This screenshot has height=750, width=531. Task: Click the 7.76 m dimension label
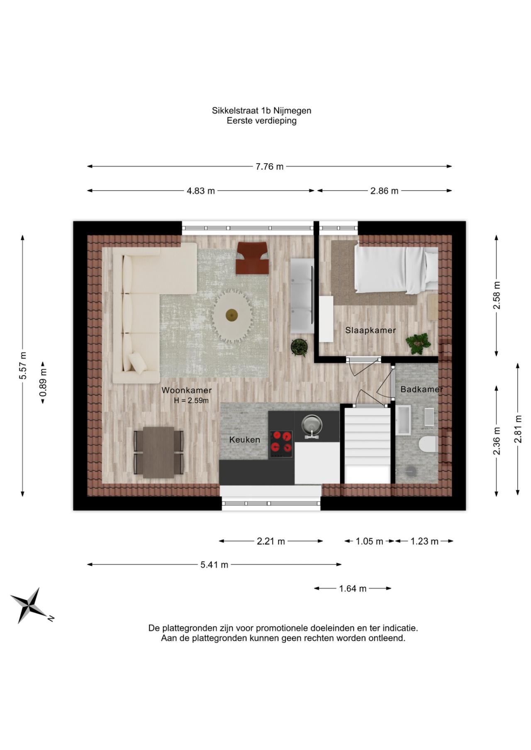(x=269, y=167)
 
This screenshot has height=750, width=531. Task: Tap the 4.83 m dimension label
(x=201, y=191)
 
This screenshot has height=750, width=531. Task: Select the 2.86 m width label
(x=384, y=191)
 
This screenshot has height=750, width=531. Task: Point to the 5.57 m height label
(x=23, y=365)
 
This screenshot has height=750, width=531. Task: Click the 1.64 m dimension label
(x=353, y=588)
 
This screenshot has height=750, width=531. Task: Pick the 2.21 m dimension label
(x=271, y=541)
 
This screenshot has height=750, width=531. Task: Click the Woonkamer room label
(x=187, y=390)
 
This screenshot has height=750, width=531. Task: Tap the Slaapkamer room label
(x=370, y=330)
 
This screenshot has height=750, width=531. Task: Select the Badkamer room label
(x=421, y=390)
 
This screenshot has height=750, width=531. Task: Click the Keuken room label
(x=245, y=440)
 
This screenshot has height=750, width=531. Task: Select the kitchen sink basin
(x=312, y=424)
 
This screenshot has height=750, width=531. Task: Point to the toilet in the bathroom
(x=426, y=444)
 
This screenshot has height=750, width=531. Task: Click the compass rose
(x=28, y=605)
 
